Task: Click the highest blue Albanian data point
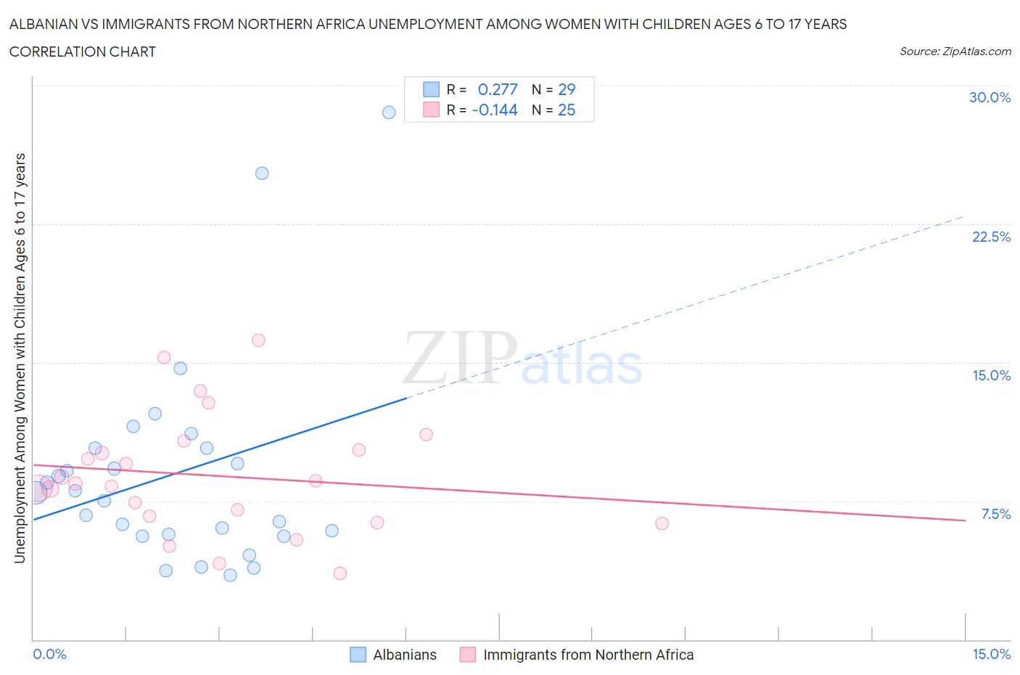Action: coord(389,112)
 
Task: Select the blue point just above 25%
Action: coord(262,173)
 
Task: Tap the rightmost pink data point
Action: coord(662,523)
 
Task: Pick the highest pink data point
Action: coord(258,340)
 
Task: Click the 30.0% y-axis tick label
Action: coord(990,98)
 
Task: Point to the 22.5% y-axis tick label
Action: coord(991,237)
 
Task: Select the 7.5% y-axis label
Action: coord(995,515)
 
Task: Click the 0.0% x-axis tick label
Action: coord(49,655)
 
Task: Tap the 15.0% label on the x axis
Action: coord(991,655)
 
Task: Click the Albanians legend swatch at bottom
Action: coord(358,655)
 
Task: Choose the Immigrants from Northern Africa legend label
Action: coord(588,655)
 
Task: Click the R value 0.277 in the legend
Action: coord(498,89)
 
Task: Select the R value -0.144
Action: coord(495,110)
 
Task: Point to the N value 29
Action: coord(567,89)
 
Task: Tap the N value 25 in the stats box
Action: coord(567,110)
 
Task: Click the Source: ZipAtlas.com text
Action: coord(955,52)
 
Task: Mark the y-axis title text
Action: coord(20,358)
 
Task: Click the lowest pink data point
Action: coord(340,573)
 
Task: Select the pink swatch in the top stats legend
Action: coord(431,110)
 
